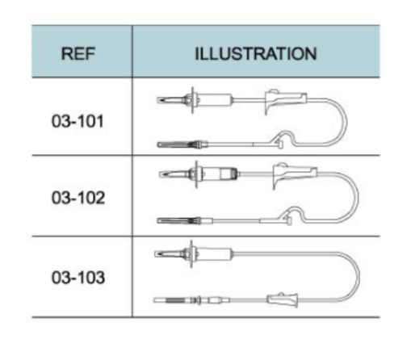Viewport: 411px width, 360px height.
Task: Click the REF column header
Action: (78, 53)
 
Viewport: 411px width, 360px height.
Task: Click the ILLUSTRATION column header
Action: (256, 53)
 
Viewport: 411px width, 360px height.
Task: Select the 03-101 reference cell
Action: (78, 121)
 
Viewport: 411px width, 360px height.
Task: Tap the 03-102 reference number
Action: (78, 198)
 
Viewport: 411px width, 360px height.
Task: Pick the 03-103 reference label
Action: (78, 278)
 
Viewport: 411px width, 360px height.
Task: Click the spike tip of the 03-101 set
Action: (158, 100)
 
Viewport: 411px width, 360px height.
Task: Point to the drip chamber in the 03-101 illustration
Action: (214, 100)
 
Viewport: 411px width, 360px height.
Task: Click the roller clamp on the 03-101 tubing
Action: (285, 101)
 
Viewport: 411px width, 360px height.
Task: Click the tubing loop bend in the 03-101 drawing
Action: (346, 123)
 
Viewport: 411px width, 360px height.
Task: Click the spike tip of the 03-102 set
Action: (160, 174)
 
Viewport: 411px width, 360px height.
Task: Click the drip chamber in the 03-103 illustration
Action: (213, 254)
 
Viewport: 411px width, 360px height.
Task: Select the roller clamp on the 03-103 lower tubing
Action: (283, 299)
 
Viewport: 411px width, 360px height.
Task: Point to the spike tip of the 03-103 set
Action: (156, 254)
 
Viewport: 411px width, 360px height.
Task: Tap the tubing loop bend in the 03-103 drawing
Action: (358, 276)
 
